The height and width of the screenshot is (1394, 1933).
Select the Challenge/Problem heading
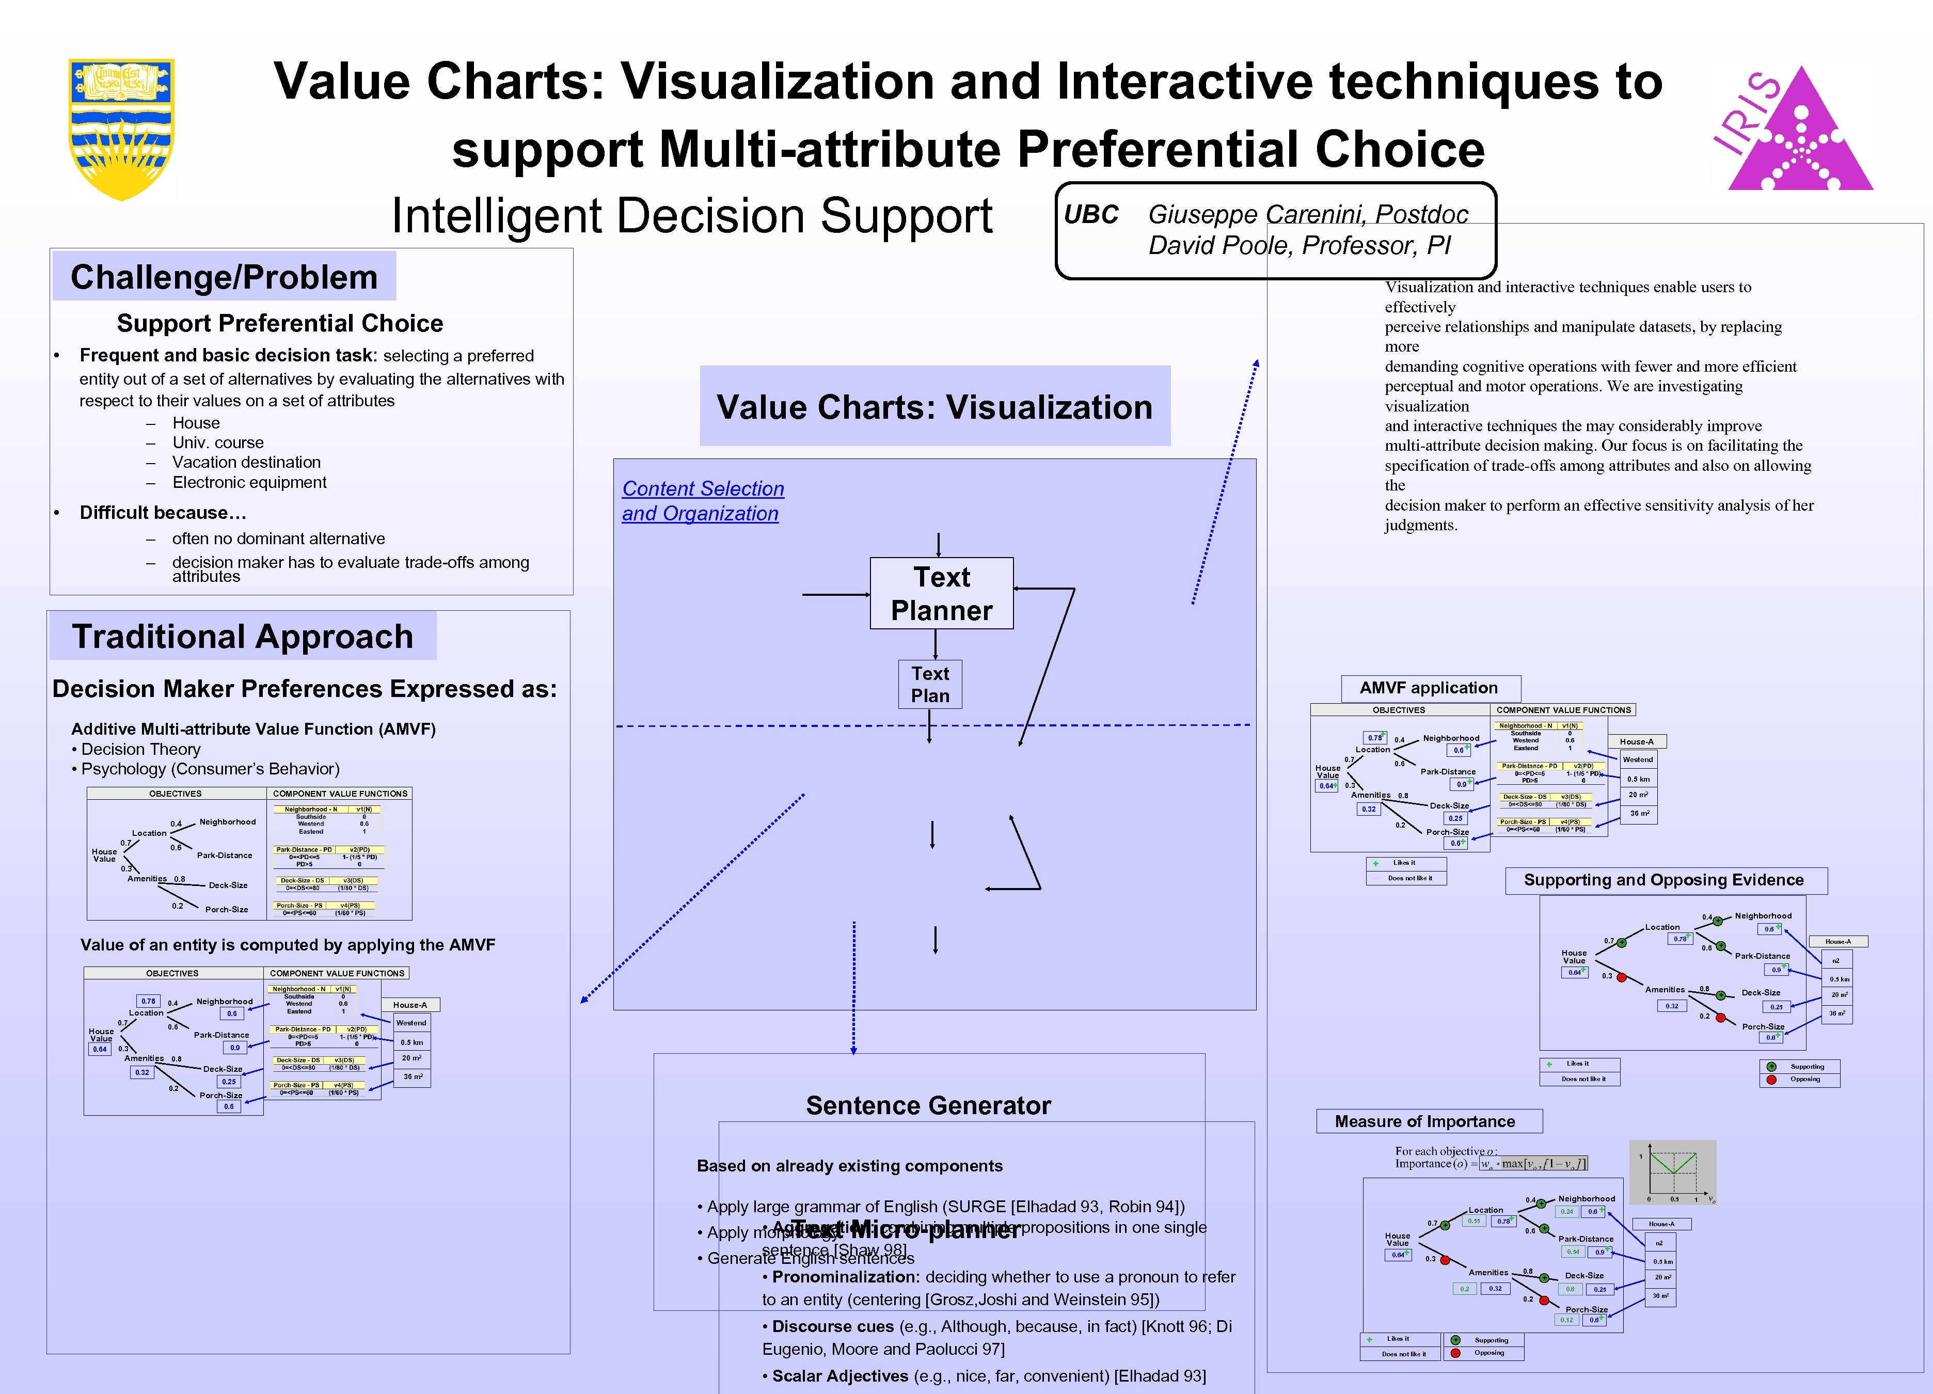point(224,277)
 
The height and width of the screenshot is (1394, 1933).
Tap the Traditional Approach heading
point(243,637)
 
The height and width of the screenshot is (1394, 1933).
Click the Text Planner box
point(941,594)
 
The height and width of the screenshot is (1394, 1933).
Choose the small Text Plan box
point(930,684)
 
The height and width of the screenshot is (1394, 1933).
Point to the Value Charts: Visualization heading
point(934,406)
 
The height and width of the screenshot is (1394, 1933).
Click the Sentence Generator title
point(928,1105)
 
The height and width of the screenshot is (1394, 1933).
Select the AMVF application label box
point(1429,688)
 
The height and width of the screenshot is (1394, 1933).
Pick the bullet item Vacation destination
point(246,462)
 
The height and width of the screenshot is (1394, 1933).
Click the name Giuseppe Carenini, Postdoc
point(1307,215)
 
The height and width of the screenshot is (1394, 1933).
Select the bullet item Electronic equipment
point(249,482)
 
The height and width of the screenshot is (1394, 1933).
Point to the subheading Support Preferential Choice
point(279,323)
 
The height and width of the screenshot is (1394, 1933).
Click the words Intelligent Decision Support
point(691,216)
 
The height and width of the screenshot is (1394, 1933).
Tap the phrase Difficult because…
point(163,512)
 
